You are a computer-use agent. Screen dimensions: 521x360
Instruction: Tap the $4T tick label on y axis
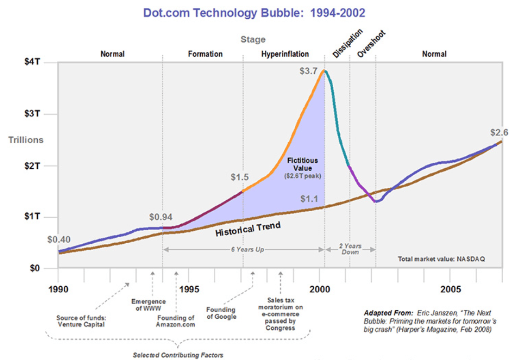tap(33, 62)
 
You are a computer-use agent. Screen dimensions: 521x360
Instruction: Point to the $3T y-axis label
tap(33, 114)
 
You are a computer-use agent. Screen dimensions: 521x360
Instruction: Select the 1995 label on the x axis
tap(189, 289)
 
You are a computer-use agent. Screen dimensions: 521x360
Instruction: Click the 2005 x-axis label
tap(450, 289)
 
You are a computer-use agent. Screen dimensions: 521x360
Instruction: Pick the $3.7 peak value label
tap(309, 71)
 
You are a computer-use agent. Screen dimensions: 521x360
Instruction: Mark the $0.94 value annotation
tap(161, 217)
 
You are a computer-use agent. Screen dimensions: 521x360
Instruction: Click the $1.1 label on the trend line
tap(309, 199)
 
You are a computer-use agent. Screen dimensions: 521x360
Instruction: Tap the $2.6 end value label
tap(499, 132)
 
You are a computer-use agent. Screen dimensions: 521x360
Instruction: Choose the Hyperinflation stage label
tap(285, 54)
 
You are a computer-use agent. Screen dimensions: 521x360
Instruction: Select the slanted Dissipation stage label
tap(348, 43)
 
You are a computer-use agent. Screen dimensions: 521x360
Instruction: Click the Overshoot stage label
tap(371, 44)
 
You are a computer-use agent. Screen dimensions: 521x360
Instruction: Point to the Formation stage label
tap(205, 54)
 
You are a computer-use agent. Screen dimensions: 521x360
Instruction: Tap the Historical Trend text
tap(248, 229)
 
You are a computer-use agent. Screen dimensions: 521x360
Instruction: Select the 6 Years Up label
tap(247, 249)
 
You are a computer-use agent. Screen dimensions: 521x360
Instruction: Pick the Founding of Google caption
tap(221, 313)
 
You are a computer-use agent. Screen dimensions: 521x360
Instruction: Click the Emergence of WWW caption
tap(148, 305)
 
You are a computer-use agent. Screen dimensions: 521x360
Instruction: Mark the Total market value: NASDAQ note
tap(441, 259)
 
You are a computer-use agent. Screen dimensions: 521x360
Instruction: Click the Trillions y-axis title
tap(26, 140)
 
